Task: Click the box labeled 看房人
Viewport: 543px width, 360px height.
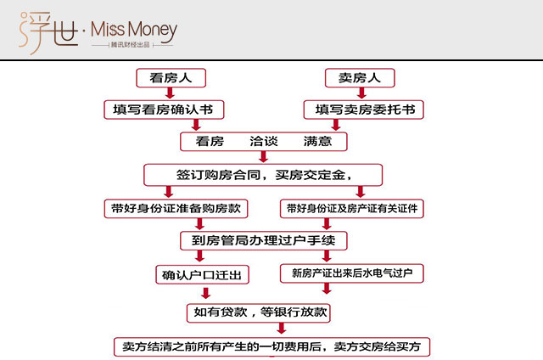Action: coord(171,78)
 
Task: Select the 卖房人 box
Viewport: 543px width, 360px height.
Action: coord(360,78)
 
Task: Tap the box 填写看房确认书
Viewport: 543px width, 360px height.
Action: coord(164,110)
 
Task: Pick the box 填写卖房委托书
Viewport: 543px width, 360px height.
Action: coord(364,110)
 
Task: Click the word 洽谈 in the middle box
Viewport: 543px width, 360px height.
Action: coord(264,141)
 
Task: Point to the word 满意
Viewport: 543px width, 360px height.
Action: coord(317,141)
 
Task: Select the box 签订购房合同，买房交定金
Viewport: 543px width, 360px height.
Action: coord(263,175)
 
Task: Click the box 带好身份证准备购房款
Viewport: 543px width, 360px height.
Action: coord(176,209)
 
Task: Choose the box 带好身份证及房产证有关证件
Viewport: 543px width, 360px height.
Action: coord(352,209)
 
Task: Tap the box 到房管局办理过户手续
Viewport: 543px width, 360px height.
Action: coord(264,240)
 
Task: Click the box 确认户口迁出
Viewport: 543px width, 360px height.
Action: coord(202,275)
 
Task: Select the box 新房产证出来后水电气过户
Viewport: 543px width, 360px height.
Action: coord(352,273)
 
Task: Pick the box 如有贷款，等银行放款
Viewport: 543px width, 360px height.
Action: coord(258,313)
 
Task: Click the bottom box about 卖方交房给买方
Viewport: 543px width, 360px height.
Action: coord(271,346)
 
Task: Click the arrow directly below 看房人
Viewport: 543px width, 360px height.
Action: coord(170,93)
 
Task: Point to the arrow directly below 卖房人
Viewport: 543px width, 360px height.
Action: coord(362,93)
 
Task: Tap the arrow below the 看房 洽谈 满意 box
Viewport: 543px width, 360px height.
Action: coord(264,157)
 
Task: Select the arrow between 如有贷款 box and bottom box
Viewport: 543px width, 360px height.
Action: coord(282,329)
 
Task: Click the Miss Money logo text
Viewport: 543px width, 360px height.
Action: coord(134,30)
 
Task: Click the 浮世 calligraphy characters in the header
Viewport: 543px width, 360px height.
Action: coord(48,32)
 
